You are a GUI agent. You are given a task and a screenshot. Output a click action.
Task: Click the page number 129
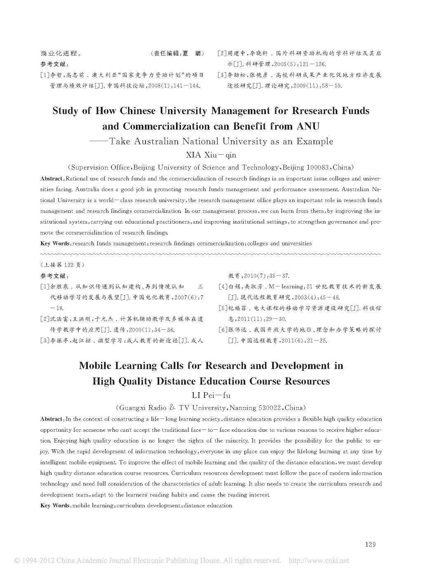[x=370, y=544]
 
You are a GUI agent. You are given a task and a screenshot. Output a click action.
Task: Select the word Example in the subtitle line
[x=314, y=141]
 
